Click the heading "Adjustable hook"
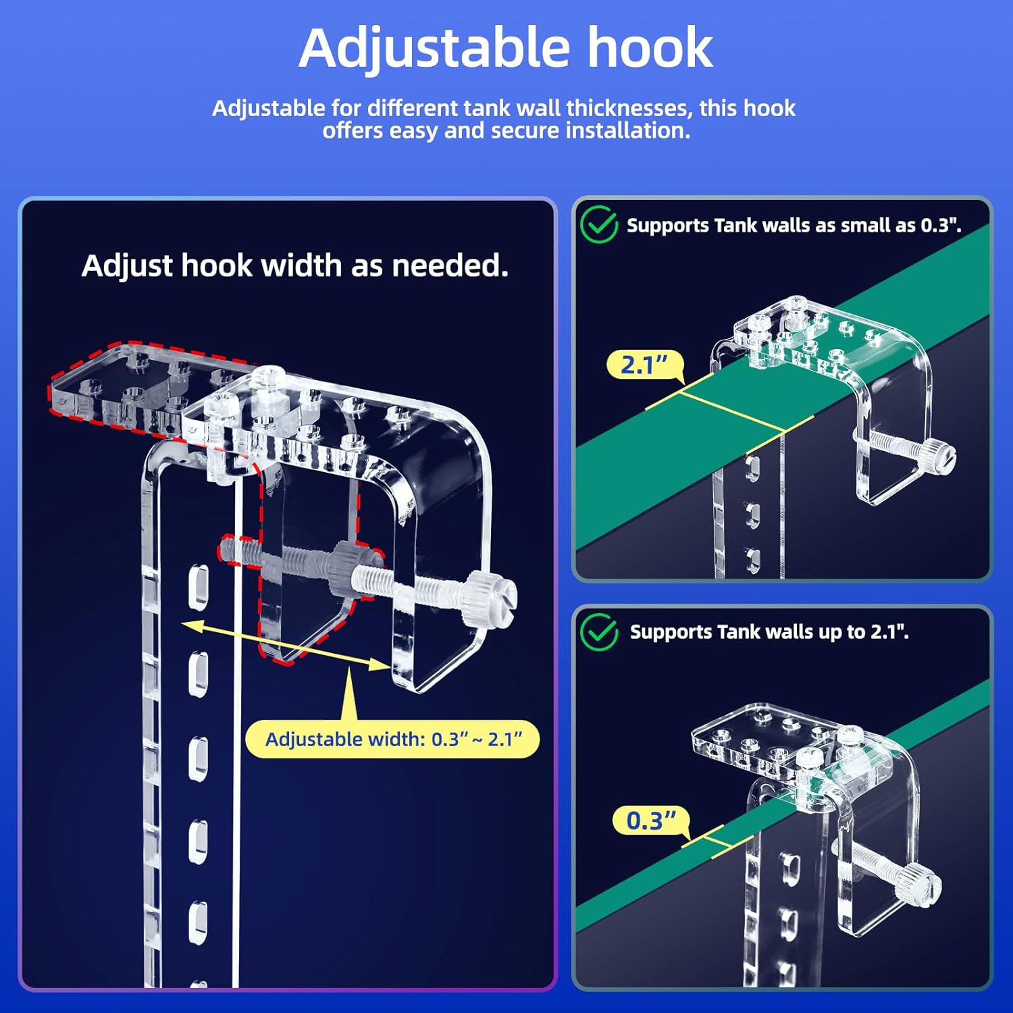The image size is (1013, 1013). (506, 49)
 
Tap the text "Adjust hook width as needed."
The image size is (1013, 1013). (294, 265)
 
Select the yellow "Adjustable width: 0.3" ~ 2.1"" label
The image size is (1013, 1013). (393, 739)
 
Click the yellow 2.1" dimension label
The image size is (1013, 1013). (644, 365)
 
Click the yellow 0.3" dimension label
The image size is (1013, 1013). (650, 821)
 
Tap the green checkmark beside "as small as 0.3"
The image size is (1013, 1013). (598, 225)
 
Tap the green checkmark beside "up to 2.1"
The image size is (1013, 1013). (598, 632)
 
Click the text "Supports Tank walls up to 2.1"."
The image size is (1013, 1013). (769, 632)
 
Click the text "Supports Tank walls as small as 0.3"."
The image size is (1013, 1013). (794, 226)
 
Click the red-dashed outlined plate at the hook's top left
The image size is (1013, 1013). (115, 388)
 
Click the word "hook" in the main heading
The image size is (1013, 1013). (650, 49)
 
